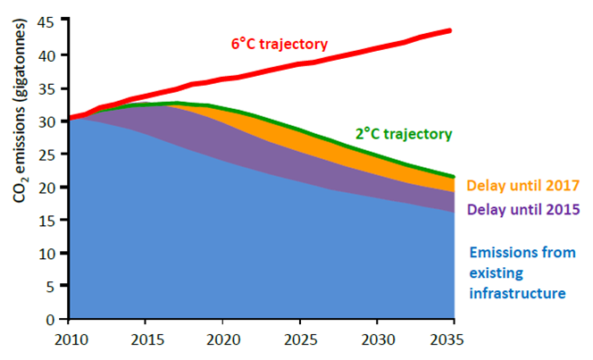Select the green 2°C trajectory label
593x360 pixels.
point(404,134)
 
